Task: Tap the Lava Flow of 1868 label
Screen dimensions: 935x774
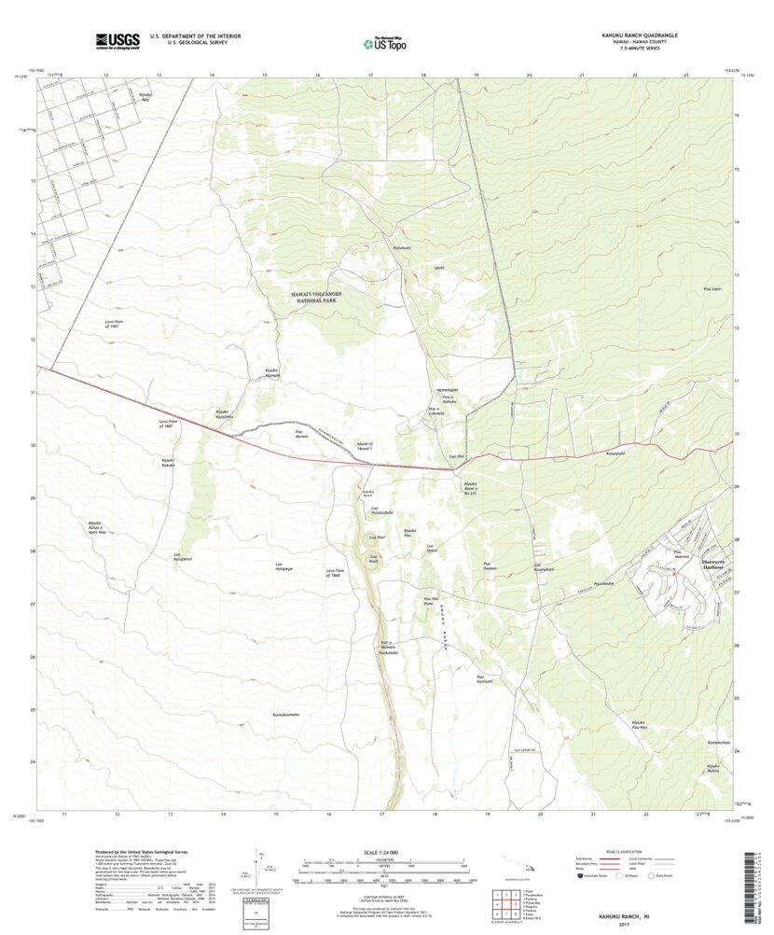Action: click(x=337, y=573)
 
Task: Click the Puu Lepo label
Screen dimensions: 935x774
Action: click(x=711, y=289)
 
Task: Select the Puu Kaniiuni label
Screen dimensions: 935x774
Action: click(x=481, y=678)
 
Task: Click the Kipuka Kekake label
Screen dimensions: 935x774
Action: click(x=168, y=461)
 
